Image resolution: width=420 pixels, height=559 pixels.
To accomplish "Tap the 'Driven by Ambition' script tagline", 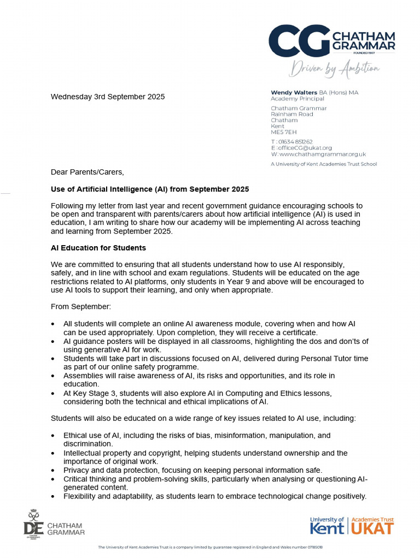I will [x=334, y=68].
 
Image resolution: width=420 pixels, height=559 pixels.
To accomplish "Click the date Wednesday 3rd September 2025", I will [x=108, y=97].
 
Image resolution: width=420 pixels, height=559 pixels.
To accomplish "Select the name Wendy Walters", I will [x=294, y=93].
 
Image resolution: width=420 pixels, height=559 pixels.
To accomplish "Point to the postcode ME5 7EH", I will [x=284, y=132].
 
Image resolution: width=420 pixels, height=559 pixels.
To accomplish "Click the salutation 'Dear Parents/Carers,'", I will [x=87, y=172].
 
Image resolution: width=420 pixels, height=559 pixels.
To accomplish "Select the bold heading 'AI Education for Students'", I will [x=98, y=248].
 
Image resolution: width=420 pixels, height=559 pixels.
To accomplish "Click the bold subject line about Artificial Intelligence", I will [x=150, y=189].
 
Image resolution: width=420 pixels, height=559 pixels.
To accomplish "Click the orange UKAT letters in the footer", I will [x=372, y=528].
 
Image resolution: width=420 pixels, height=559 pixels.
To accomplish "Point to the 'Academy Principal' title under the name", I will [x=297, y=99].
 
